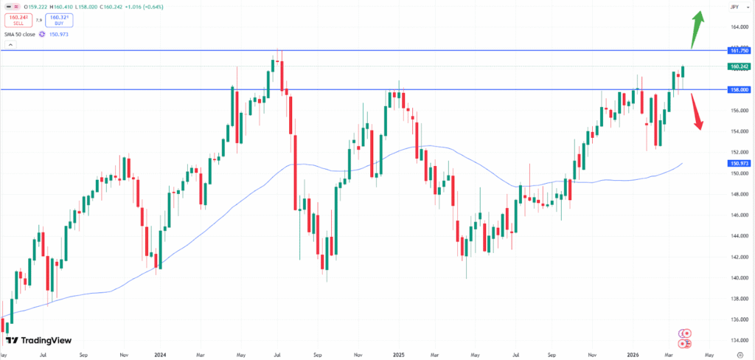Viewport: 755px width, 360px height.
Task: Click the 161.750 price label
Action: point(738,51)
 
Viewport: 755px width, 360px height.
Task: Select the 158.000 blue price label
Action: point(738,89)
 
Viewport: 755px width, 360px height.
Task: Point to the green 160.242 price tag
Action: point(738,66)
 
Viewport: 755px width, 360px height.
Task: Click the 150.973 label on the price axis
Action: point(738,163)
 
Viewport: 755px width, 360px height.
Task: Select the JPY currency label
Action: point(735,7)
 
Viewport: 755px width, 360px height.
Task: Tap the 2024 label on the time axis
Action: point(160,354)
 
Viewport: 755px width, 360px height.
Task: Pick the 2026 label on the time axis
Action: point(633,354)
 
